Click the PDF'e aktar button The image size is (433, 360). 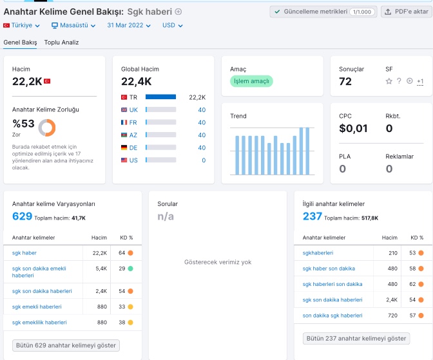pyautogui.click(x=407, y=12)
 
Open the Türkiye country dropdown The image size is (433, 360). pyautogui.click(x=21, y=25)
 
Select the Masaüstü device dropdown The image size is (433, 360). pyautogui.click(x=73, y=25)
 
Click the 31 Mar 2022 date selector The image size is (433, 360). pyautogui.click(x=129, y=25)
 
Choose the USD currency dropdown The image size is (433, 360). pyautogui.click(x=172, y=25)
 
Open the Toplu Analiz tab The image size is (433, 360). pyautogui.click(x=61, y=43)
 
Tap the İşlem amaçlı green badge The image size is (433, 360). pyautogui.click(x=251, y=81)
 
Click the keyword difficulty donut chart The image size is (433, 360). pyautogui.click(x=47, y=128)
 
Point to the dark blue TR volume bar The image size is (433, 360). pyautogui.click(x=160, y=97)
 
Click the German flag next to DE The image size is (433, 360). pyautogui.click(x=124, y=147)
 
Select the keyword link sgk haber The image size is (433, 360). pyautogui.click(x=24, y=253)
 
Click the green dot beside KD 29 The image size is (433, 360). pyautogui.click(x=130, y=269)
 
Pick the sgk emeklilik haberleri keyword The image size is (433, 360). pyautogui.click(x=39, y=323)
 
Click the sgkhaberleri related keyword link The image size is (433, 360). pyautogui.click(x=318, y=253)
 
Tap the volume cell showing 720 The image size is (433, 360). pyautogui.click(x=392, y=316)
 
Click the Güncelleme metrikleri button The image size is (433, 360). pyautogui.click(x=323, y=12)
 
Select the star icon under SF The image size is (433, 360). pyautogui.click(x=389, y=81)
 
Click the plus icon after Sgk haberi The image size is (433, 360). pyautogui.click(x=178, y=12)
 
